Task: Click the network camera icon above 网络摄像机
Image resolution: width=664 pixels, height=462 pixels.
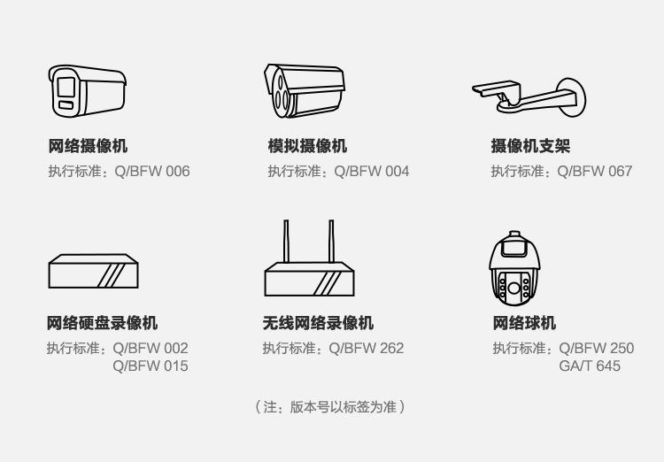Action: (85, 90)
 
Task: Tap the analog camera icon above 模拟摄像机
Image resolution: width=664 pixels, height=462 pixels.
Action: (303, 90)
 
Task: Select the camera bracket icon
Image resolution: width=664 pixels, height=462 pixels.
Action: (529, 96)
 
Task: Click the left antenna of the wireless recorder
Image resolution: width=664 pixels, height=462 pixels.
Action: (286, 241)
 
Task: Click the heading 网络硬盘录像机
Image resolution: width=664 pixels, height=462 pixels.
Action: (103, 324)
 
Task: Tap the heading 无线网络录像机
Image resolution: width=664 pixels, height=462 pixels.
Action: (318, 324)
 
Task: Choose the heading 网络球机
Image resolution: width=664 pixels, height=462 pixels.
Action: (524, 324)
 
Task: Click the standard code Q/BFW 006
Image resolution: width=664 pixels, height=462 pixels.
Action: (152, 171)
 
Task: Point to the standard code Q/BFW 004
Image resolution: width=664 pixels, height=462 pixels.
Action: (372, 171)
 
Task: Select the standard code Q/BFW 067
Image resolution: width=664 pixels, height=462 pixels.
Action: (595, 171)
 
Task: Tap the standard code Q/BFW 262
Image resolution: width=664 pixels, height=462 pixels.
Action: (367, 348)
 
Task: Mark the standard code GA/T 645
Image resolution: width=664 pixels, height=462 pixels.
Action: (590, 366)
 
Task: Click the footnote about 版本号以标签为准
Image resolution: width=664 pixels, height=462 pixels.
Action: (330, 407)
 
